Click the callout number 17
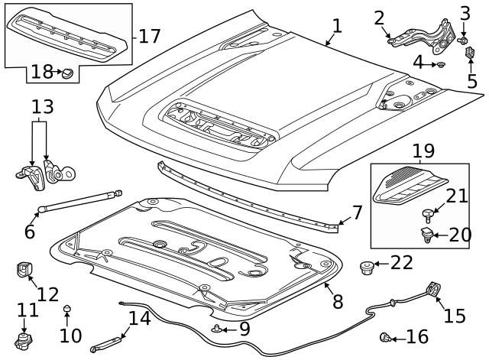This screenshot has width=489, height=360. pos(150,36)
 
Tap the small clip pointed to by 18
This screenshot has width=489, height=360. pos(67,73)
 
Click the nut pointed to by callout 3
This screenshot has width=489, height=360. pos(463,41)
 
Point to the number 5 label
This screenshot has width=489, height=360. pos(472,81)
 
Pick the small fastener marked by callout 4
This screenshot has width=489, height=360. pos(441,64)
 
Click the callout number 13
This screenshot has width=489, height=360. pos(43,107)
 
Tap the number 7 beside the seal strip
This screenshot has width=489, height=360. pos(357,212)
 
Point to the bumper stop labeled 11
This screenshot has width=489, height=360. pos(24,341)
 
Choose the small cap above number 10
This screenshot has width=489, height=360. pos(66,308)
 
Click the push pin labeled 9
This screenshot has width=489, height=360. pos(215,329)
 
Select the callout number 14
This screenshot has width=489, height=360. pos(139,318)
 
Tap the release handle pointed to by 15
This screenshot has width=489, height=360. pos(433,289)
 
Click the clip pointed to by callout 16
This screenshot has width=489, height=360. pos(385,338)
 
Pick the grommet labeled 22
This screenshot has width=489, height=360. pos(366,268)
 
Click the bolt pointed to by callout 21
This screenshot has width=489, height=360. pos(427,216)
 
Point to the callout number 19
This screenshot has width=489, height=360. pos(423,151)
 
